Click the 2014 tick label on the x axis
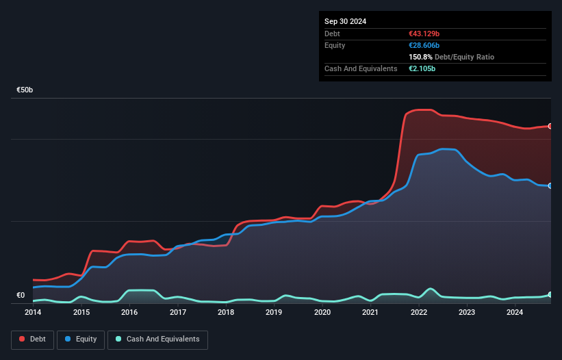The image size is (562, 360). (33, 312)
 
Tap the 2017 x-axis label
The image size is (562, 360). (178, 312)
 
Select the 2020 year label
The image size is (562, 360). (322, 312)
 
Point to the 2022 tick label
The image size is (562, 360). (419, 312)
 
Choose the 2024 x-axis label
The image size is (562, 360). (515, 312)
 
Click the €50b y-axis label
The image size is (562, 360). (25, 90)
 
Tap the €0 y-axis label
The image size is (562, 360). (21, 296)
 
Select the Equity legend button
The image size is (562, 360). (81, 339)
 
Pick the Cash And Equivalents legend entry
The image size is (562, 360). (157, 339)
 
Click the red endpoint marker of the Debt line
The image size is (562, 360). (550, 126)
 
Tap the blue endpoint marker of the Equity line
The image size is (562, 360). (550, 185)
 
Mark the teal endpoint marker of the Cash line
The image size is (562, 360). (550, 294)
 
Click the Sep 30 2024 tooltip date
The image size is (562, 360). (345, 21)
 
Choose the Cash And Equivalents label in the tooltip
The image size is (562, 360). (361, 68)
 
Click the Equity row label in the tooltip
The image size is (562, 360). (335, 45)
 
